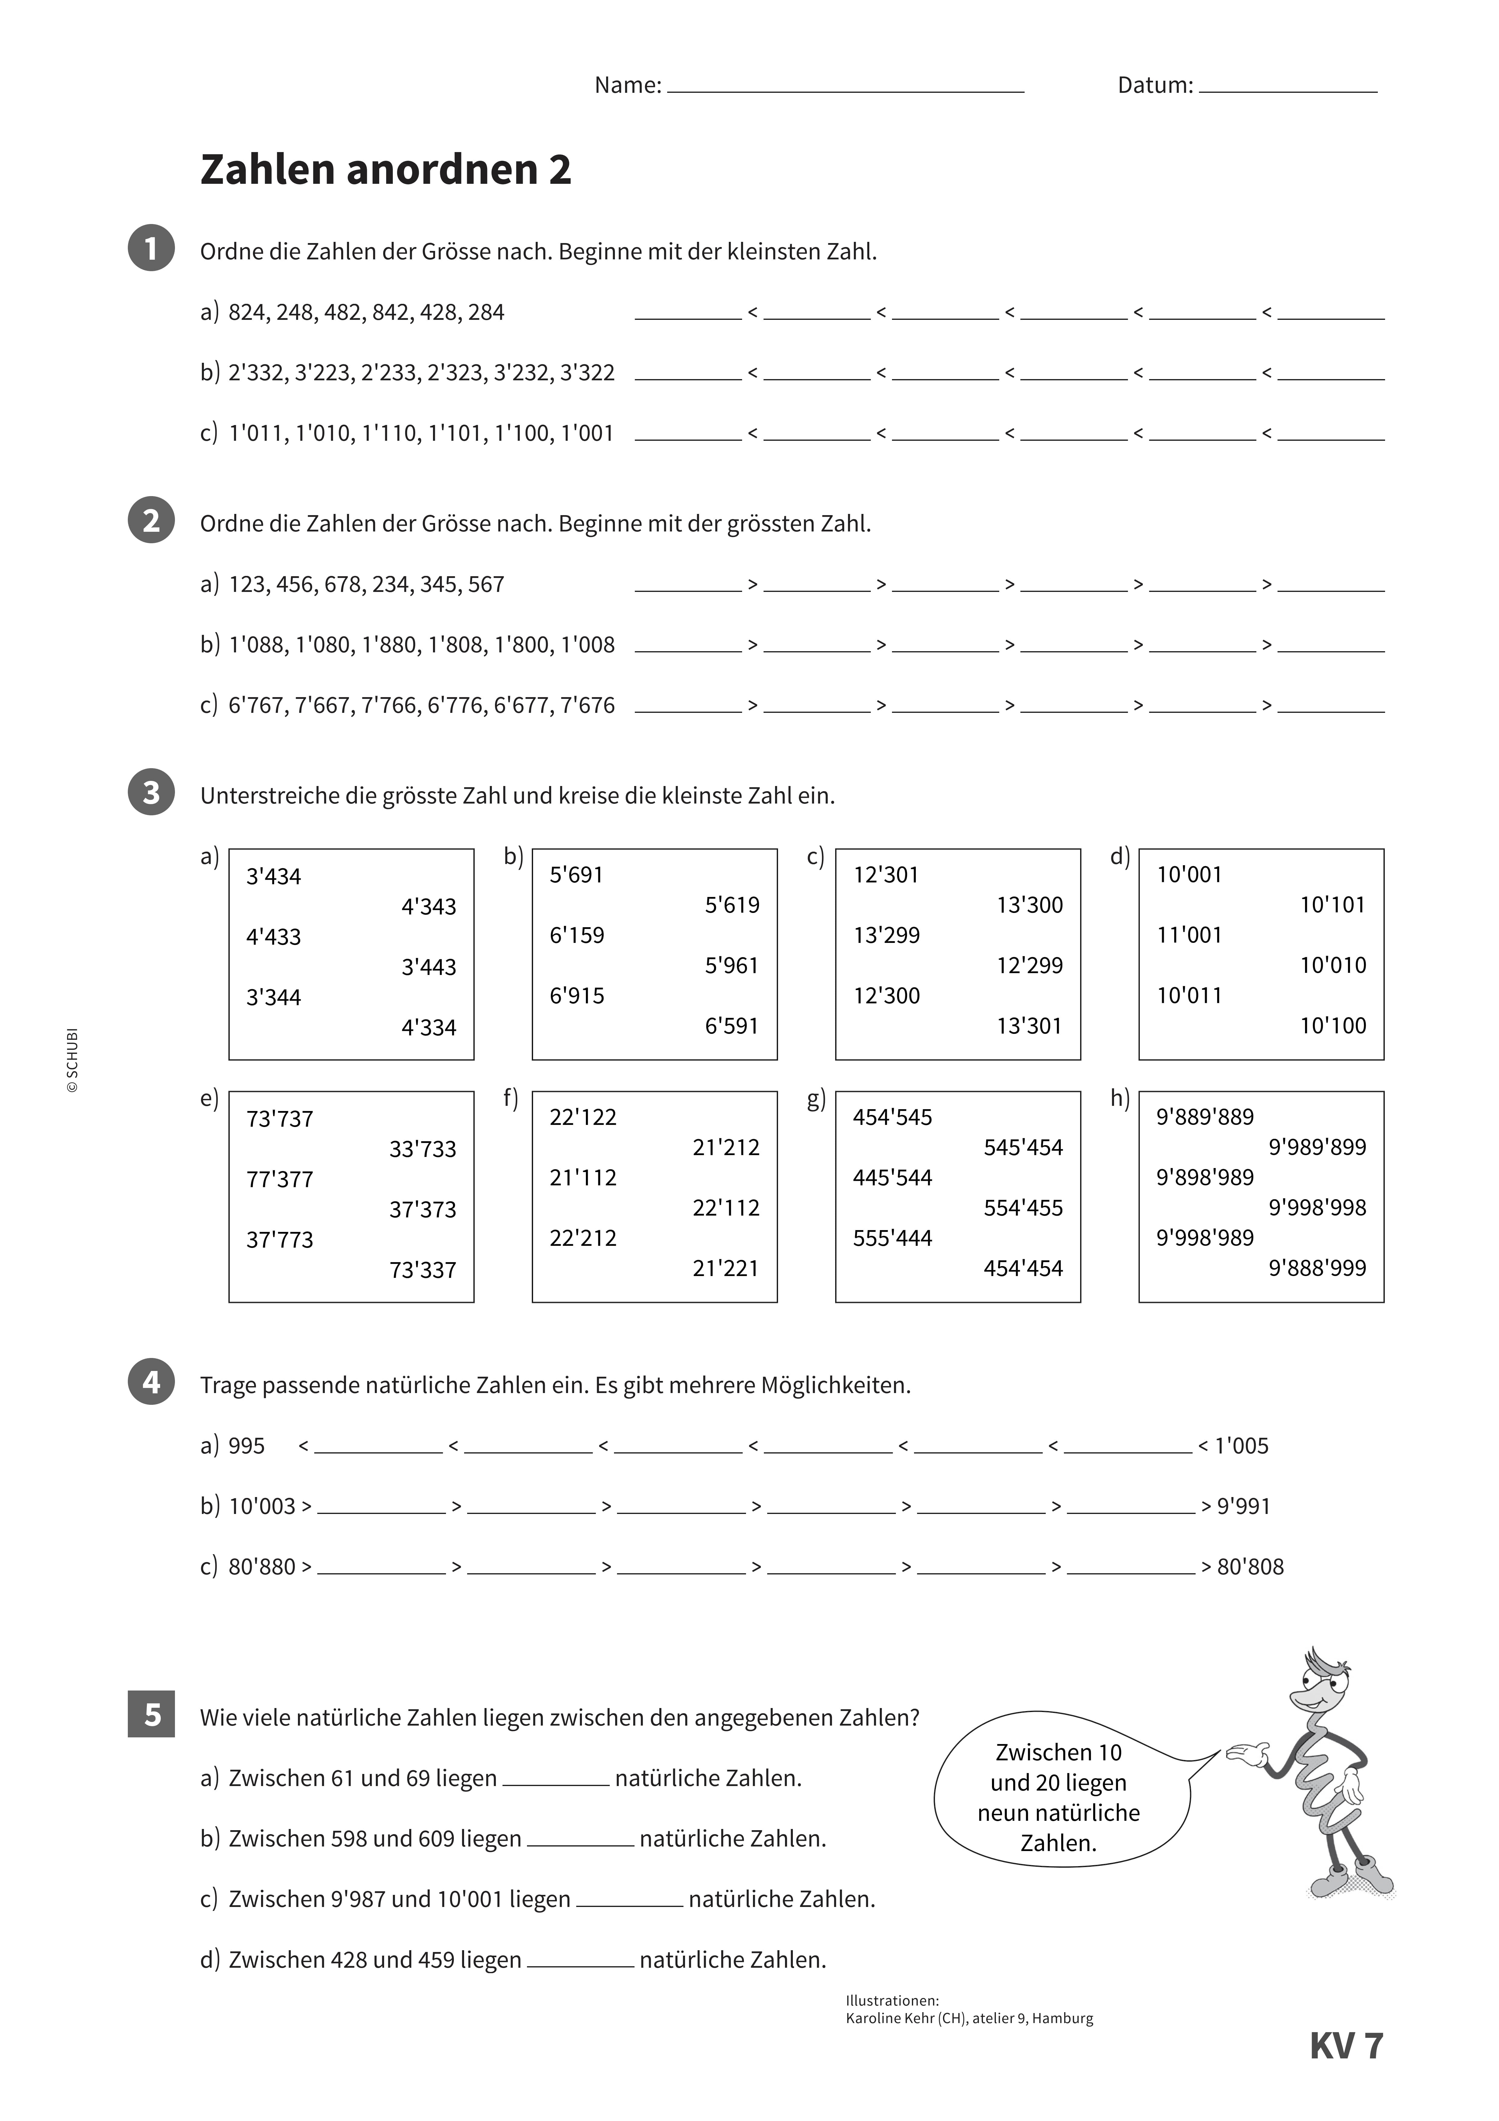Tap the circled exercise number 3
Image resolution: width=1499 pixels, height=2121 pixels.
point(151,793)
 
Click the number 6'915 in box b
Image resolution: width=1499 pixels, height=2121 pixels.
point(577,996)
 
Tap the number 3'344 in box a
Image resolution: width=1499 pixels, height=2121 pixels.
point(273,998)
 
